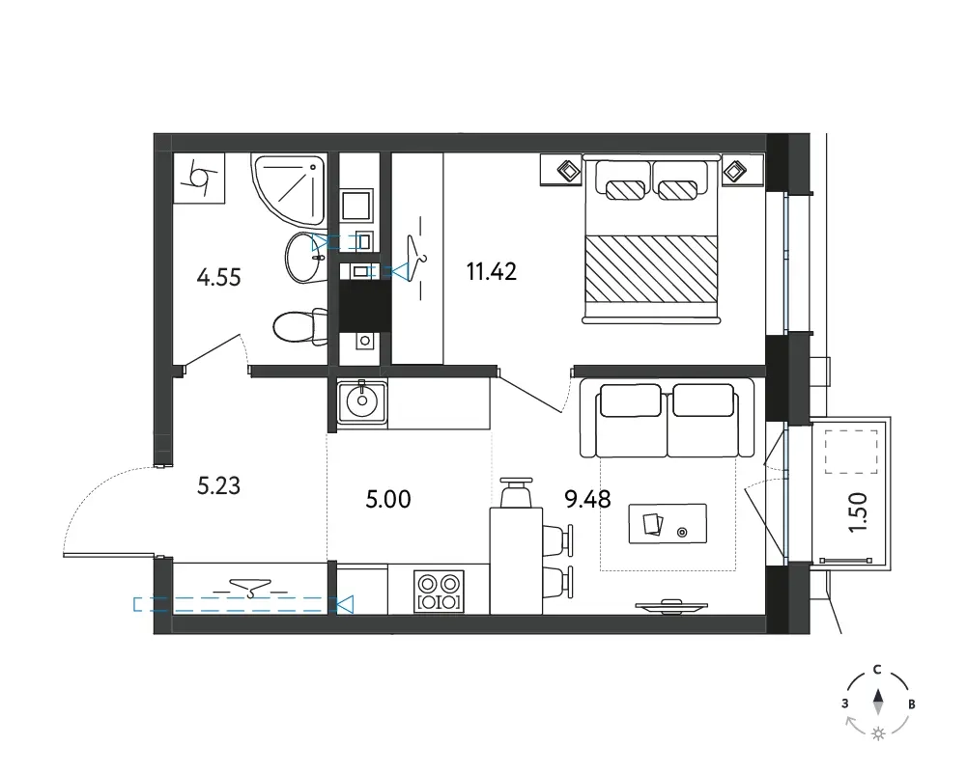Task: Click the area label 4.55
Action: tap(218, 278)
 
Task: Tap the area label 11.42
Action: tap(492, 271)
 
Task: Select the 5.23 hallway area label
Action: tap(218, 486)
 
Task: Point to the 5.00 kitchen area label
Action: tap(388, 499)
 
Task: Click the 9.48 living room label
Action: tap(587, 499)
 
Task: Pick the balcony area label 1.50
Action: tap(858, 512)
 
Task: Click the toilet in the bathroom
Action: tap(300, 326)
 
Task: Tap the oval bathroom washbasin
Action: tap(306, 258)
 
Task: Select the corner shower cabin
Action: tap(289, 189)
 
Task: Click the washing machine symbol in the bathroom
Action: tap(199, 178)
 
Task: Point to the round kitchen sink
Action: tap(362, 401)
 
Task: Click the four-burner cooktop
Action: tap(440, 592)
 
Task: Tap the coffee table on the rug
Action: tap(668, 524)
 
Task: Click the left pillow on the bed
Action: tap(625, 190)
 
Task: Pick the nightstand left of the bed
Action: tap(561, 170)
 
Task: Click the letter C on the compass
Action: tap(877, 670)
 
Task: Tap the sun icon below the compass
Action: tap(878, 733)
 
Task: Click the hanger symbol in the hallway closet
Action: tap(250, 590)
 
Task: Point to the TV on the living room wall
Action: tap(671, 607)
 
